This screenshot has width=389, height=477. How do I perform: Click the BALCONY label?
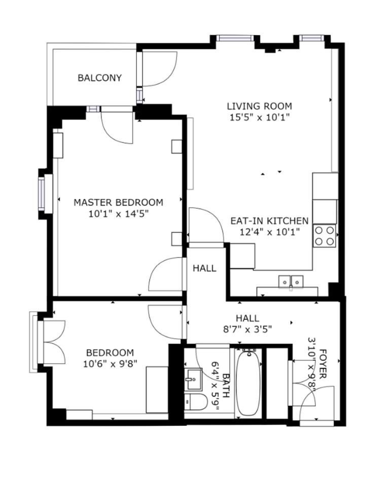pyautogui.click(x=99, y=78)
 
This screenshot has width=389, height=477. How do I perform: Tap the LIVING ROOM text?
pyautogui.click(x=259, y=106)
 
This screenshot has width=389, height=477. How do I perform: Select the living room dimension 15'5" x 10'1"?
pyautogui.click(x=259, y=117)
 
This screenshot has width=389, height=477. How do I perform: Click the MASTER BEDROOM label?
pyautogui.click(x=118, y=202)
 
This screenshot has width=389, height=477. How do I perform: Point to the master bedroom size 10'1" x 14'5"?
pyautogui.click(x=118, y=214)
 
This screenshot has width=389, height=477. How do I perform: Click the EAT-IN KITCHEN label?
pyautogui.click(x=269, y=221)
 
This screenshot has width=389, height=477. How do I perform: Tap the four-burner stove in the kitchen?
pyautogui.click(x=325, y=236)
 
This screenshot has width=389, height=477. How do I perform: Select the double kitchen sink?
pyautogui.click(x=291, y=281)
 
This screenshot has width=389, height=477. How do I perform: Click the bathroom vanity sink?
pyautogui.click(x=193, y=379)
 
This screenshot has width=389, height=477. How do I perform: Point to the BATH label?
pyautogui.click(x=226, y=385)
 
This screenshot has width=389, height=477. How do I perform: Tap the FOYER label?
pyautogui.click(x=323, y=364)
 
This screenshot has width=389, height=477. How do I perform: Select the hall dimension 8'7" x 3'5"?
pyautogui.click(x=247, y=329)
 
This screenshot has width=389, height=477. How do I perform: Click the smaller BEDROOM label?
pyautogui.click(x=110, y=353)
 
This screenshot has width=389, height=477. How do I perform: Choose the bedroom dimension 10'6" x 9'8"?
pyautogui.click(x=110, y=364)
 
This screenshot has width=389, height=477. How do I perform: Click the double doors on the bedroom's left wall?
pyautogui.click(x=54, y=342)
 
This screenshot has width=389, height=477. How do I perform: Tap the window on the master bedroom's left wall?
pyautogui.click(x=42, y=194)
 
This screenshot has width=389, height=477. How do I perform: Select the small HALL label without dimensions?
pyautogui.click(x=204, y=268)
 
